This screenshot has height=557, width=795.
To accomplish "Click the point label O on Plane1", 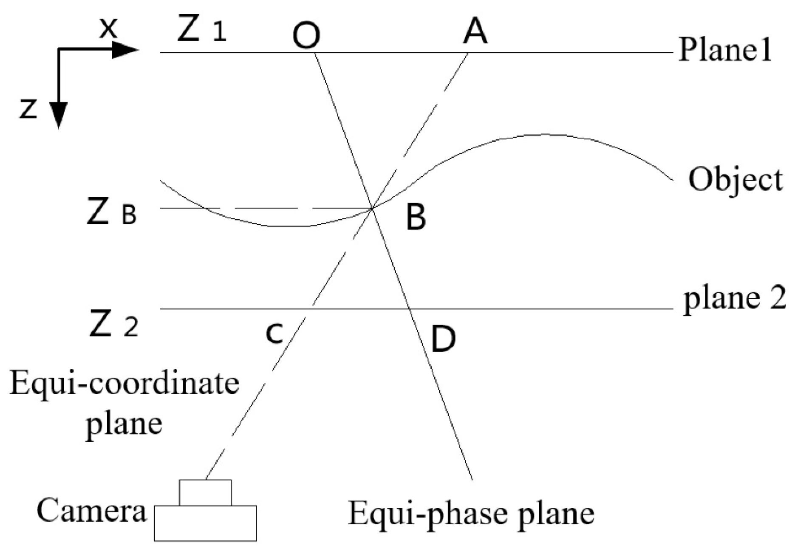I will [x=306, y=36].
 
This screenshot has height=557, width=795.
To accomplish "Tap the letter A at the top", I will [x=475, y=33].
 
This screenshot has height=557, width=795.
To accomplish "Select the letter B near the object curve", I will [x=416, y=217].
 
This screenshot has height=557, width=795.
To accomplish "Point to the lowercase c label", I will [x=274, y=334].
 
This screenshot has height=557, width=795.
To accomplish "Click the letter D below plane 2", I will [x=443, y=339].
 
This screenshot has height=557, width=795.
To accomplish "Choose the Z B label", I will [x=111, y=213].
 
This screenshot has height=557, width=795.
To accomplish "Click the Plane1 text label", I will [x=724, y=51].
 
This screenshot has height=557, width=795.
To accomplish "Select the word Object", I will [x=736, y=180].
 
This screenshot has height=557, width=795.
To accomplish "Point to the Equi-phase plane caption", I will [x=471, y=513].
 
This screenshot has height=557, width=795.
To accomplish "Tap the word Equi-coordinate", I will [x=124, y=384].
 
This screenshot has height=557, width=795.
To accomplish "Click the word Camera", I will [x=91, y=510].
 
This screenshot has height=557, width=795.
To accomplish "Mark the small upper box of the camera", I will [x=205, y=493].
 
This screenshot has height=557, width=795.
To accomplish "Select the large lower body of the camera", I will [x=205, y=523].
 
